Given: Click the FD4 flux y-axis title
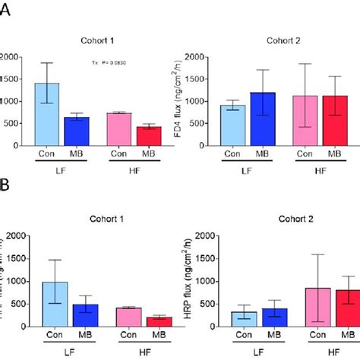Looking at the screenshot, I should (x=200, y=101).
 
